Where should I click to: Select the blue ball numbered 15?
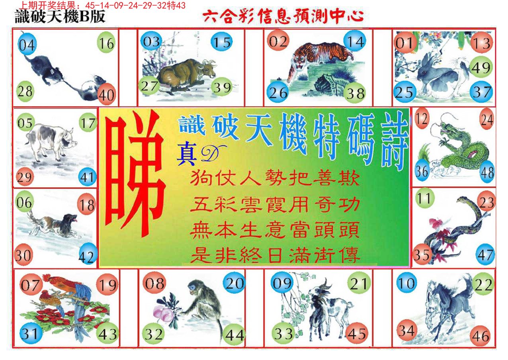click(221, 42)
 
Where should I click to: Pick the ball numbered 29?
click(24, 176)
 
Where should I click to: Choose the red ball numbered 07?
click(31, 285)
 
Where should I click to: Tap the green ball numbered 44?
click(234, 335)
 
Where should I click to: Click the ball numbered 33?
click(283, 333)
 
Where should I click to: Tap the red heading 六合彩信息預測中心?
click(283, 17)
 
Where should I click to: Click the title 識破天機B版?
click(60, 17)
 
